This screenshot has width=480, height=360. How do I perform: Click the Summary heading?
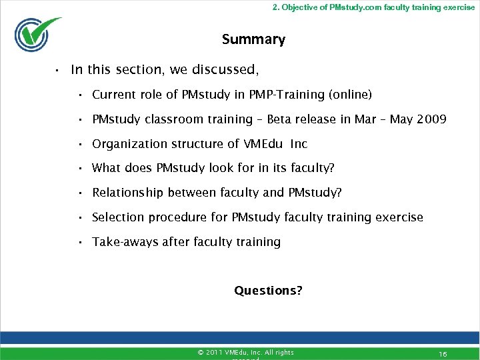pos(253,39)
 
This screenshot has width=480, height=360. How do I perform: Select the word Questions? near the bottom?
pos(268,291)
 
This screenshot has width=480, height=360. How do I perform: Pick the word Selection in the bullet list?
pos(117,217)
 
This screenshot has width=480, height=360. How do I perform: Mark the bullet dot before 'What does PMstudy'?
pos(79,169)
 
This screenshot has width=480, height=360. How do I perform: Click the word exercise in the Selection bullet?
pos(400,217)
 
